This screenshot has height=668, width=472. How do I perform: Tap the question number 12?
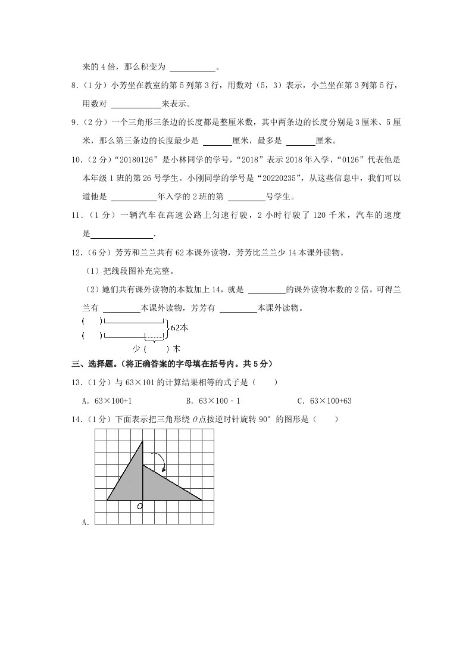tap(76, 252)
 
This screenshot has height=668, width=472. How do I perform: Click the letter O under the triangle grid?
tap(139, 506)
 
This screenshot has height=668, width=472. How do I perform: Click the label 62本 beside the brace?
tap(179, 327)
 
